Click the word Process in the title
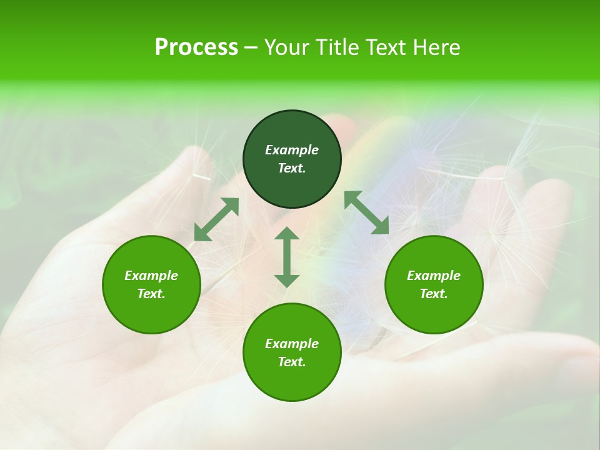click(196, 47)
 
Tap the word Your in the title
click(288, 47)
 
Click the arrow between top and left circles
click(216, 219)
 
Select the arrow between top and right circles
click(367, 212)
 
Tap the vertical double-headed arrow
click(287, 257)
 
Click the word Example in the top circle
click(292, 150)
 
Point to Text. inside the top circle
click(292, 168)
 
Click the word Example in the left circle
click(151, 276)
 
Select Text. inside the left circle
click(151, 294)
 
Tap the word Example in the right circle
click(434, 276)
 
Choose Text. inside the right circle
click(434, 294)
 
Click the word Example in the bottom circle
click(292, 344)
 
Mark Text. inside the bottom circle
click(292, 362)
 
